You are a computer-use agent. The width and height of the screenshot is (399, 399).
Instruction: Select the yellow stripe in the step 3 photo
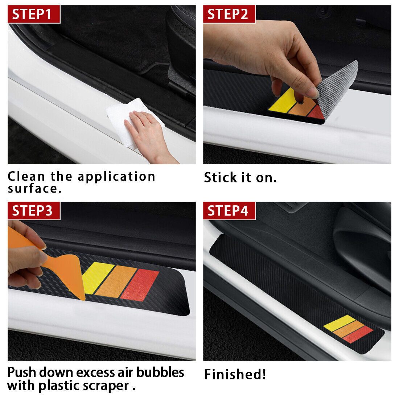97,277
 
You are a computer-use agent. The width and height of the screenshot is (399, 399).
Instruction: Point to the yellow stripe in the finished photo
339,323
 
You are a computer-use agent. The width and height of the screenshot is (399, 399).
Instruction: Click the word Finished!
235,374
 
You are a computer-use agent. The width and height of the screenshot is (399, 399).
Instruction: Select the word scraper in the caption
106,386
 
